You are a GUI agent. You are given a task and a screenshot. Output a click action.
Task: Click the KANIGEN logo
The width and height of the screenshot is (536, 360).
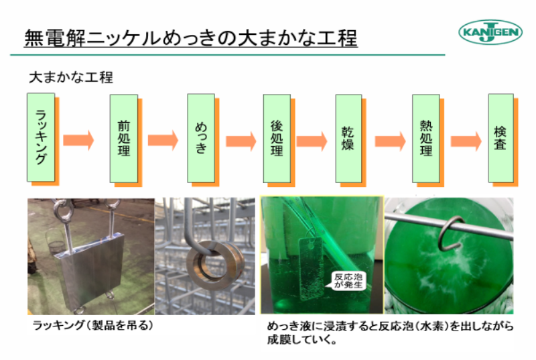click(x=490, y=32)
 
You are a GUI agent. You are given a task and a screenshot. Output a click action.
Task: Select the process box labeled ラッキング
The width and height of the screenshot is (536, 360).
click(x=41, y=137)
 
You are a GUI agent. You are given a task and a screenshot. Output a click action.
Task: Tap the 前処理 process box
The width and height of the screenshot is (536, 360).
click(x=124, y=139)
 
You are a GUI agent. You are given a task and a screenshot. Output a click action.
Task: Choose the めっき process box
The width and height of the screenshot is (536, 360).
click(x=201, y=138)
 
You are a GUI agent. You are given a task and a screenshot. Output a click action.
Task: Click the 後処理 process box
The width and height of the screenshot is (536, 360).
click(x=277, y=139)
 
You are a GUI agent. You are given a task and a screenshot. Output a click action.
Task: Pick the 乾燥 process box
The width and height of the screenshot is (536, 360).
click(x=348, y=139)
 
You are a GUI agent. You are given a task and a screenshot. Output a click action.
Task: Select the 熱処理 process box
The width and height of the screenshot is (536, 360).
click(x=425, y=139)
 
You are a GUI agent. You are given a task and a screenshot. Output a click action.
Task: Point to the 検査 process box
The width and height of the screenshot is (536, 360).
click(x=500, y=138)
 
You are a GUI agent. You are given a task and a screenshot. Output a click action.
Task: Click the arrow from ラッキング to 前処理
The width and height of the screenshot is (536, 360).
click(x=78, y=140)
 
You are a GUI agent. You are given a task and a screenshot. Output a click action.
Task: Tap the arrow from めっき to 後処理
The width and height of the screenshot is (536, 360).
click(x=241, y=141)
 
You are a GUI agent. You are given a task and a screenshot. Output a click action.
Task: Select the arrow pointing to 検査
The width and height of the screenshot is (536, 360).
click(x=466, y=141)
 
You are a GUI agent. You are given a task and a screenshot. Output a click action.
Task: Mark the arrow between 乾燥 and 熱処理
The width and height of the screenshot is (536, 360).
click(x=391, y=141)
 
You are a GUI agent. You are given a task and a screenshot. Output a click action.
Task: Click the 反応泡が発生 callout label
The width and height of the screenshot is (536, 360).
click(x=348, y=281)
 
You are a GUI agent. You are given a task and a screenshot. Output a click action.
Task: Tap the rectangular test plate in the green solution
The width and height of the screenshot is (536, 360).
click(x=311, y=269)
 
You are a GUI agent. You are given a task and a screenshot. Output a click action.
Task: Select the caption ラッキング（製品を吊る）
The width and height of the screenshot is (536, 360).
click(x=92, y=325)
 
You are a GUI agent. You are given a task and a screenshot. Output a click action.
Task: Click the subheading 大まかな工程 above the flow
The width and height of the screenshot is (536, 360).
click(x=71, y=77)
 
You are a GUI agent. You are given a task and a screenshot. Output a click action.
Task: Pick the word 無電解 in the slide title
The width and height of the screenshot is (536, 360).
click(x=55, y=38)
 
